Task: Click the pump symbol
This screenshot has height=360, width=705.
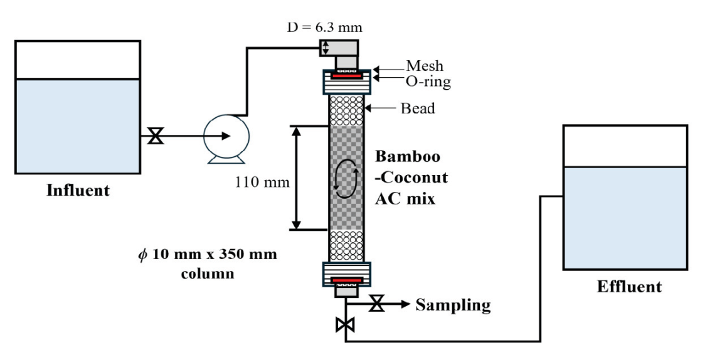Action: click(226, 135)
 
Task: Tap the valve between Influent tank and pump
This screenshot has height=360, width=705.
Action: click(153, 135)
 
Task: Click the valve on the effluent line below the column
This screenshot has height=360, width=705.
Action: click(346, 325)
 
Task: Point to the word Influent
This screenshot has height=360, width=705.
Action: click(78, 190)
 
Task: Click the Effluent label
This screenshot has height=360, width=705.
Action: click(628, 287)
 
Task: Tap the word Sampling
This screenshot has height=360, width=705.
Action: click(453, 305)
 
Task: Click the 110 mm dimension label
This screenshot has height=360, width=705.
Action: click(262, 183)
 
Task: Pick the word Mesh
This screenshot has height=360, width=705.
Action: click(424, 65)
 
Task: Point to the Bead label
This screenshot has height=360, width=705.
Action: click(418, 109)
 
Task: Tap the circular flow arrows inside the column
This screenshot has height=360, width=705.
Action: click(346, 179)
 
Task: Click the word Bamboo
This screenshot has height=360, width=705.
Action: click(407, 156)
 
